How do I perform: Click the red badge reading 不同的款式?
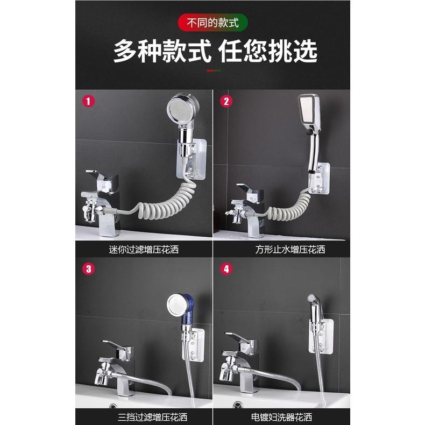coord(212,23)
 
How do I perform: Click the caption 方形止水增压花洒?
coord(282,249)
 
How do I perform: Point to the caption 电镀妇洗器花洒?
coord(282,416)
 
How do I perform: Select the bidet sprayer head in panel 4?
coord(312,299)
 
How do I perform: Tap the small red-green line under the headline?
coord(212,70)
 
